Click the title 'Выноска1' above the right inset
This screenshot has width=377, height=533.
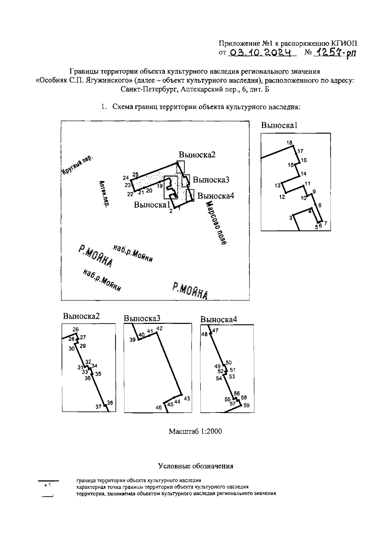pos(279,125)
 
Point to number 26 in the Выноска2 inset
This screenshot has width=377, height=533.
pos(75,330)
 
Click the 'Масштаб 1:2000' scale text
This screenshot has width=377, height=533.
pos(195,431)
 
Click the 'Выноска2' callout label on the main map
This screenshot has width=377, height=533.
pos(197,155)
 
